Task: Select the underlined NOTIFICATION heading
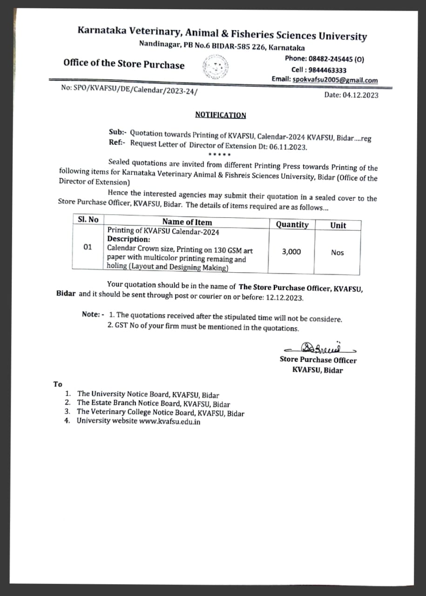(x=220, y=115)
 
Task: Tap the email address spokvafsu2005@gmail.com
(x=334, y=80)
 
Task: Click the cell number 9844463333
(x=326, y=70)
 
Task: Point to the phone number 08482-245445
(x=330, y=59)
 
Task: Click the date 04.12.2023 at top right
(x=360, y=95)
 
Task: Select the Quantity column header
(x=292, y=224)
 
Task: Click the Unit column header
(x=338, y=225)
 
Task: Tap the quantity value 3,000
(x=291, y=251)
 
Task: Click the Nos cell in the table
(x=338, y=252)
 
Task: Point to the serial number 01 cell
(x=88, y=247)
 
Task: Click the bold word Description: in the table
(x=128, y=239)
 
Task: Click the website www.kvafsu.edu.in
(x=170, y=422)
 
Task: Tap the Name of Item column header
(x=187, y=222)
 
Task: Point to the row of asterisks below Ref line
(x=220, y=155)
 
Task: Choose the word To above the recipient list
(x=58, y=384)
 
